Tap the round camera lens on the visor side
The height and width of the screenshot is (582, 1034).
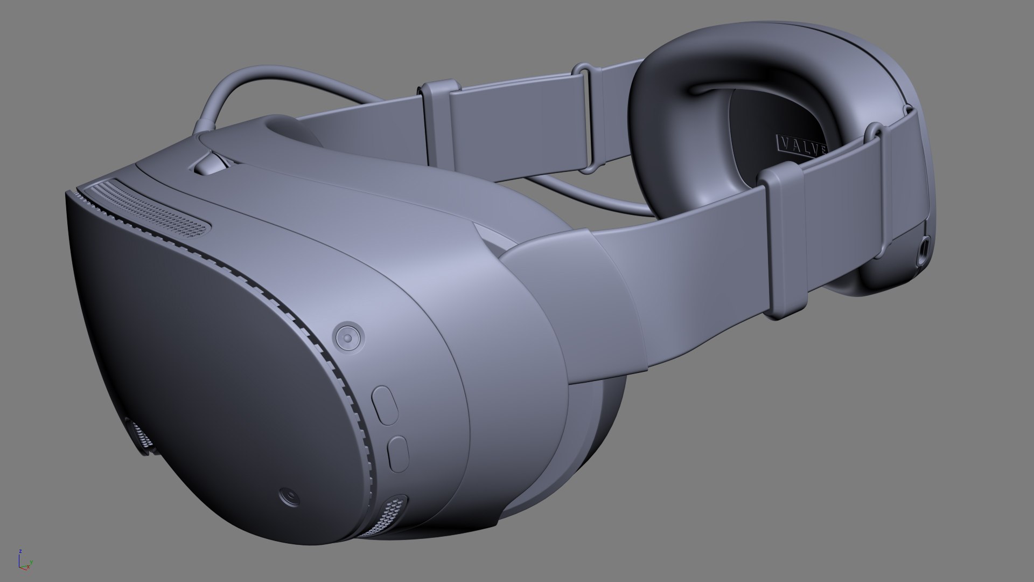coord(348,337)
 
